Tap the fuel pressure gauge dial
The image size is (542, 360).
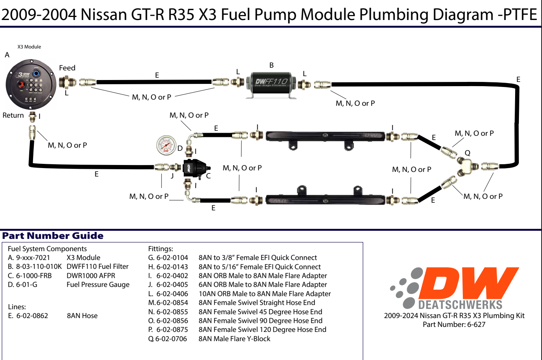(x=166, y=145)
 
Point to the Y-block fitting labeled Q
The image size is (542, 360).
(x=466, y=166)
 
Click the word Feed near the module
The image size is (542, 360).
(x=67, y=68)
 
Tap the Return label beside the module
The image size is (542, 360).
(x=13, y=115)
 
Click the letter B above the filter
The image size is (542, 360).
(x=271, y=65)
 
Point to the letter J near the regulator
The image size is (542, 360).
(x=172, y=176)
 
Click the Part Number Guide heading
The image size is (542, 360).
(x=53, y=236)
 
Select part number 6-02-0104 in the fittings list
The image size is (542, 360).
(x=172, y=258)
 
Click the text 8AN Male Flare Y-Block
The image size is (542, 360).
(x=234, y=339)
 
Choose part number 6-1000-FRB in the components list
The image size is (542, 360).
(x=34, y=276)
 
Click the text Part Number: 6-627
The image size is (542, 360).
(x=454, y=325)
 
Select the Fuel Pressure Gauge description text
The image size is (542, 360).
(x=98, y=285)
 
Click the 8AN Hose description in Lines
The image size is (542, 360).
(x=82, y=316)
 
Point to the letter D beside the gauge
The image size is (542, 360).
(x=180, y=148)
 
